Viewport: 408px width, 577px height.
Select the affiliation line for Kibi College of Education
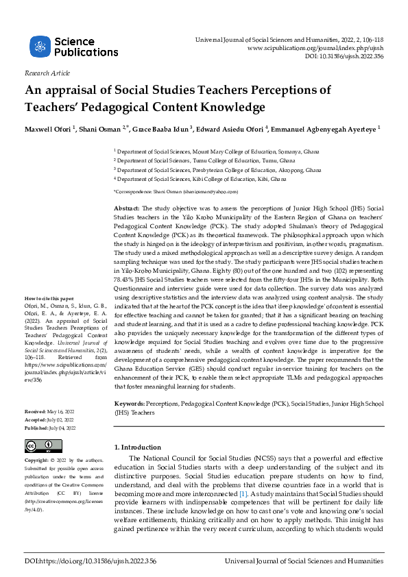click(x=201, y=179)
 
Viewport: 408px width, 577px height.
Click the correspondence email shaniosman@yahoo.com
click(x=213, y=193)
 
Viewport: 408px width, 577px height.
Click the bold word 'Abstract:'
click(x=126, y=208)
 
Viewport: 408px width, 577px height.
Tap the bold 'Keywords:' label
click(x=129, y=405)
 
